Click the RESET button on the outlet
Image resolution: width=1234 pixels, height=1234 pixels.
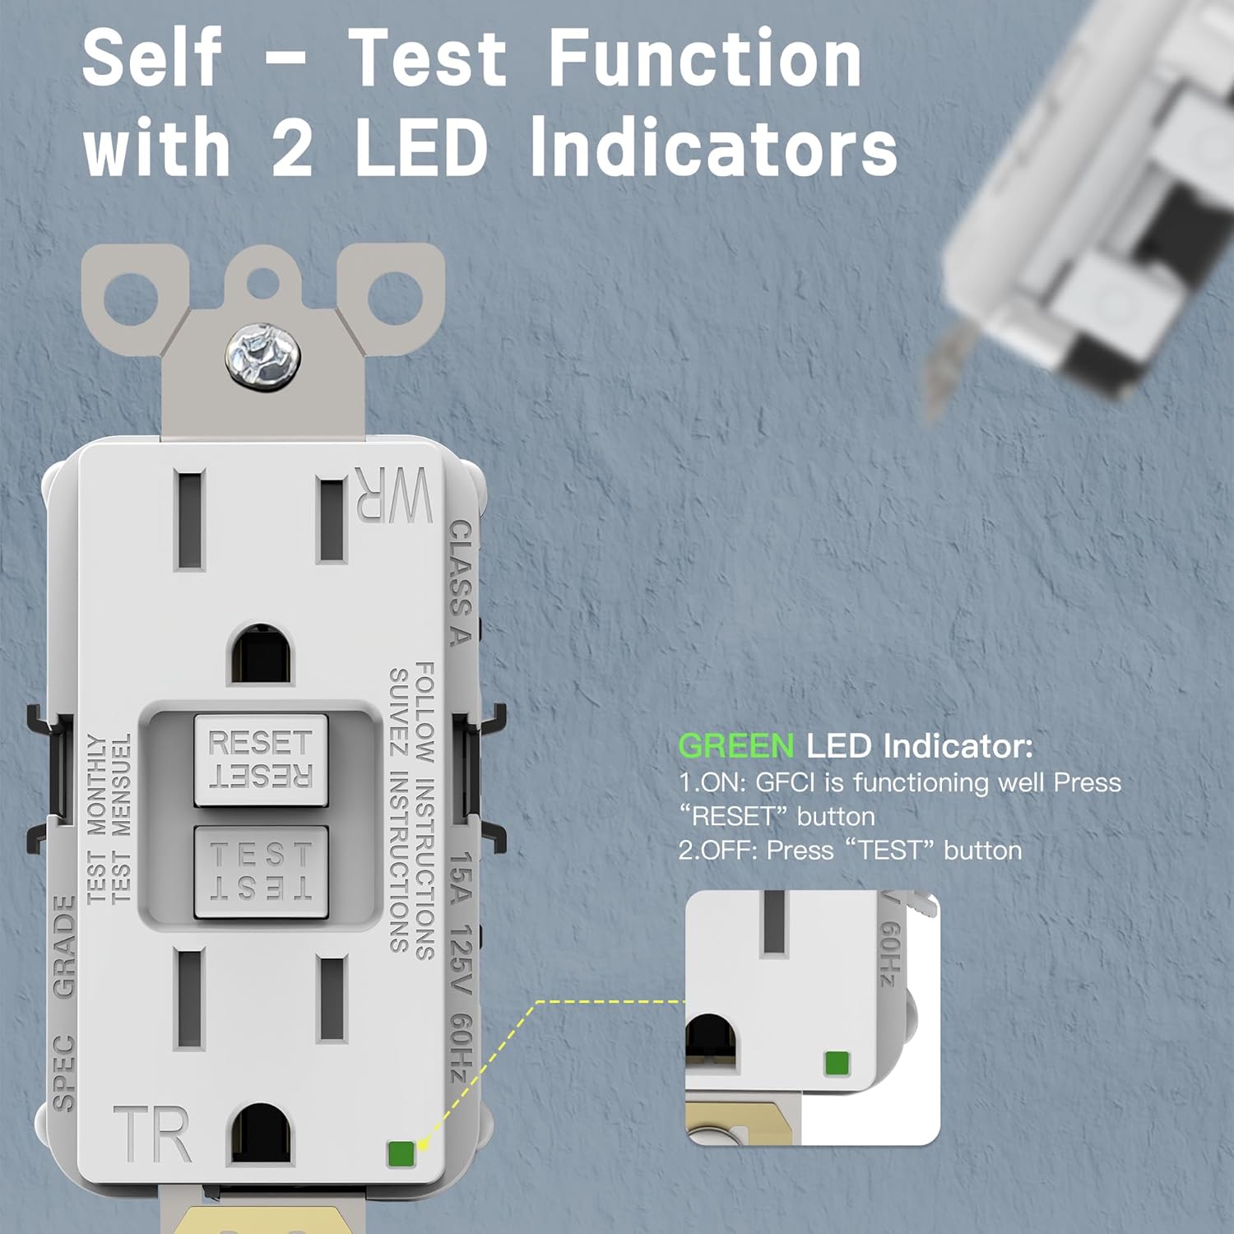tap(261, 759)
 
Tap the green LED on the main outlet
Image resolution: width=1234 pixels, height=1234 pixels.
tap(401, 1153)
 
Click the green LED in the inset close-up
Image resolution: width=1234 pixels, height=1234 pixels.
tap(837, 1063)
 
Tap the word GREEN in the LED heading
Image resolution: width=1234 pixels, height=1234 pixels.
tap(735, 746)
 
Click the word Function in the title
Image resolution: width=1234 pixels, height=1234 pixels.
tap(704, 59)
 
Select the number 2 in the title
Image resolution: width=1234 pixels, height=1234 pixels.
tap(292, 148)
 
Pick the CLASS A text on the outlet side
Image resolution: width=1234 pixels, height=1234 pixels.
tap(460, 582)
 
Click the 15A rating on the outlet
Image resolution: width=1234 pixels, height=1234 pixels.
tap(462, 878)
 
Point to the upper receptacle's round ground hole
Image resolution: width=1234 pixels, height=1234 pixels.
tap(261, 654)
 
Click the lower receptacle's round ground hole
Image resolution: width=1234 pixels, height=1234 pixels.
tap(261, 1134)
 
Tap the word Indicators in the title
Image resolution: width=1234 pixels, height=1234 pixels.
tap(713, 148)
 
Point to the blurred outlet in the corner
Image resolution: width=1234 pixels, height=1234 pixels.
tap(1086, 206)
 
